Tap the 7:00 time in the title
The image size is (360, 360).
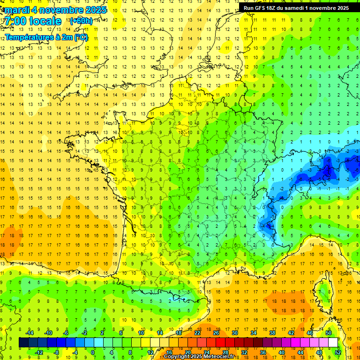[15, 21]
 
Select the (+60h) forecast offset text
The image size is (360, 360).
[81, 21]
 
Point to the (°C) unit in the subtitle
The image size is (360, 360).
[81, 37]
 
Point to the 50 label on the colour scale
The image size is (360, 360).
[328, 333]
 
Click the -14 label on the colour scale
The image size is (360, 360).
[29, 333]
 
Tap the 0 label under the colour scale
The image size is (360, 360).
[93, 352]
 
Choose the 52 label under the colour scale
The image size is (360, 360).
[337, 352]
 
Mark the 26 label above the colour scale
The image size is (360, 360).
[216, 333]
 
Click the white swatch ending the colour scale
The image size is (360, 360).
[333, 343]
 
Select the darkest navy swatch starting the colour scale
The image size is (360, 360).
[23, 343]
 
